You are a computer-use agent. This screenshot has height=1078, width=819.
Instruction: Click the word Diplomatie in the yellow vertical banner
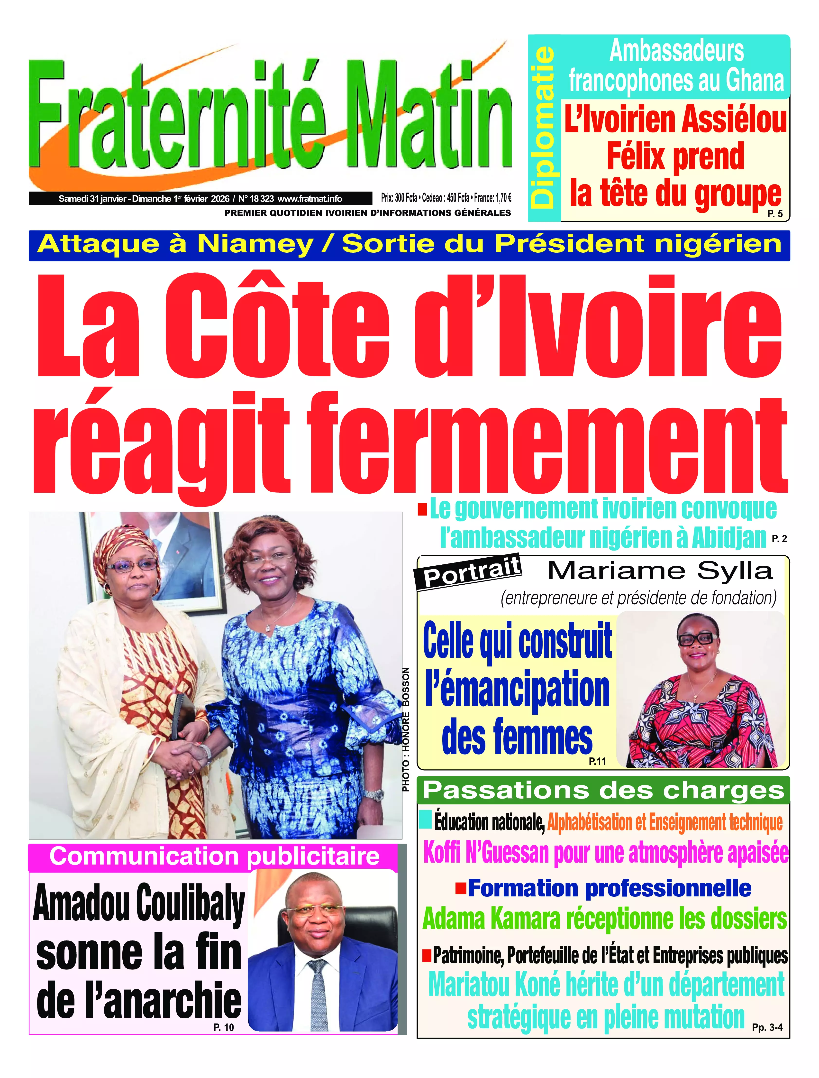[x=544, y=128]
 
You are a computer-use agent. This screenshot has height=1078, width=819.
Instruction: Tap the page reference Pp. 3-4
[x=767, y=1027]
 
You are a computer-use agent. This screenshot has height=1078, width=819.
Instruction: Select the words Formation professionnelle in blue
[x=609, y=888]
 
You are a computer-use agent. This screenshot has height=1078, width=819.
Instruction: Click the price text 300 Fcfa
[x=406, y=198]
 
